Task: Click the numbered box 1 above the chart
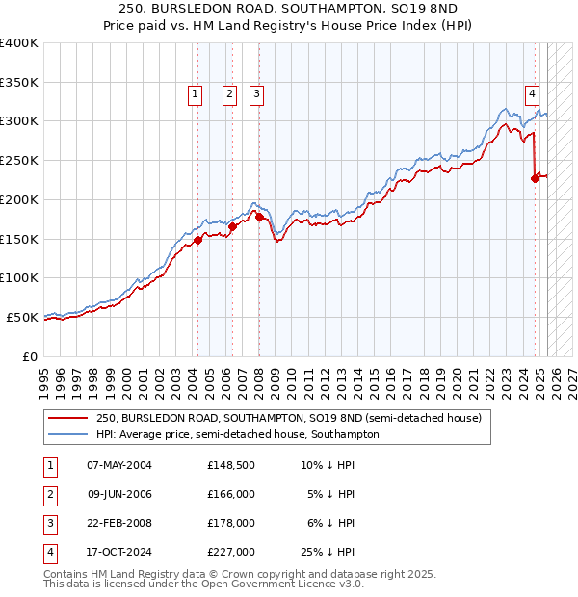point(196,94)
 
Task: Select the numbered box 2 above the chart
point(229,94)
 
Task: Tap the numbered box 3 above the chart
point(257,94)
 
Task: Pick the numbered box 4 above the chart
point(532,94)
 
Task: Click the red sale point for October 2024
point(535,178)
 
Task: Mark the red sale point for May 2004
point(197,240)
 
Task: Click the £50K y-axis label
point(22,317)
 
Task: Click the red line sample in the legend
point(70,418)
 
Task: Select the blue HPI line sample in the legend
point(70,434)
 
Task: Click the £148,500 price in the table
point(230,465)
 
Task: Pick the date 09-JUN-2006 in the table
point(119,494)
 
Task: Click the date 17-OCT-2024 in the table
point(119,552)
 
